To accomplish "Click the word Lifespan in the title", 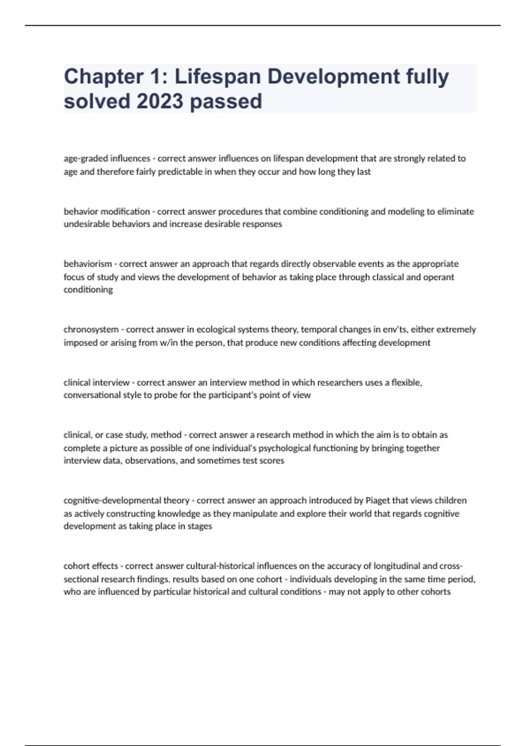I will pos(218,77).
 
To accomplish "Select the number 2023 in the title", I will pos(160,101).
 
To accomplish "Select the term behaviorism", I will pos(88,264).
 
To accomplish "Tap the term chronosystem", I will pos(91,330).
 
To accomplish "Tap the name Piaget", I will pos(377,500).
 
